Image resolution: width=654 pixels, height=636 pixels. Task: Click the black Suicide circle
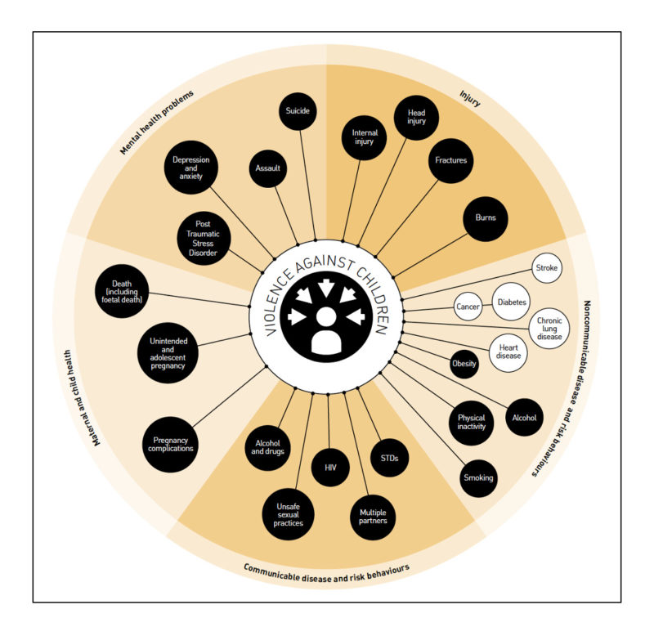coord(298,111)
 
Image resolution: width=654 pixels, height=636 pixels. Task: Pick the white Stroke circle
coord(546,268)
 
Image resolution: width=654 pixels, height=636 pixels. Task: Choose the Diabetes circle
coord(512,302)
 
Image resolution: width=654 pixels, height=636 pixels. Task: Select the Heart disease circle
coord(508,352)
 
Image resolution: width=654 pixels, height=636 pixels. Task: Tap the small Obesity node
coord(464,364)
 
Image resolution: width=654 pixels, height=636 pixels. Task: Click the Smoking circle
coord(478,477)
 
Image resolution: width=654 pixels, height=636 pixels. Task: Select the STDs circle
coord(389,459)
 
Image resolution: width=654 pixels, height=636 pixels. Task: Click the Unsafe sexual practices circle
coord(288,513)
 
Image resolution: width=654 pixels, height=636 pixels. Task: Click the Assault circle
coord(268,168)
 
